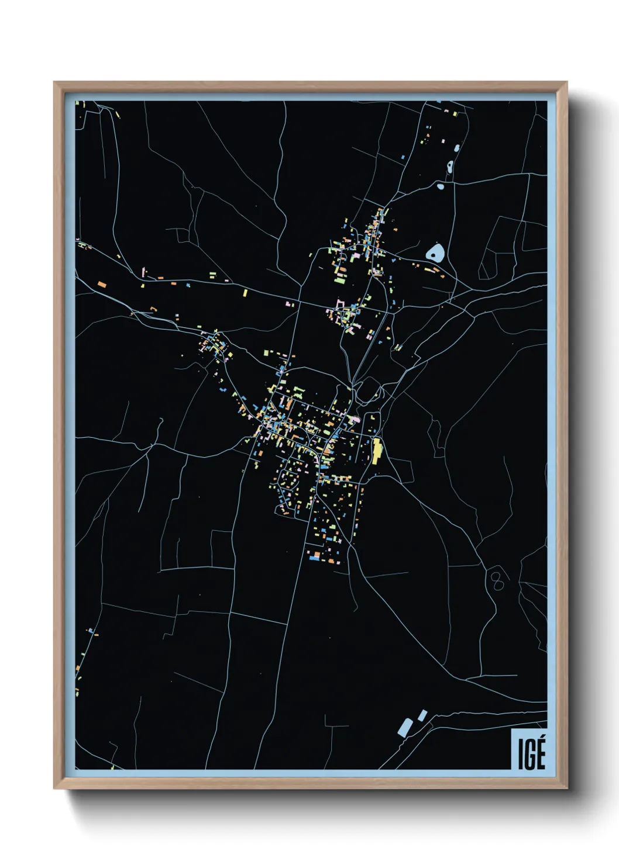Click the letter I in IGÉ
[520, 755]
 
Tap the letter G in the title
[529, 755]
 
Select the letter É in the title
[540, 755]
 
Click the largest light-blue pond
[435, 253]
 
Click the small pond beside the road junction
[441, 186]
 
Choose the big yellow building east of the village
[377, 450]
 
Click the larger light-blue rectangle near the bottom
[404, 727]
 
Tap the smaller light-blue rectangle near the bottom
[422, 715]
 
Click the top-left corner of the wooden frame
[54, 82]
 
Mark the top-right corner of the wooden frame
[566, 82]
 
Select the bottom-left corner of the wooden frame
[54, 788]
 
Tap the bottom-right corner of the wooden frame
[566, 788]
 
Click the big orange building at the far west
[101, 285]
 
